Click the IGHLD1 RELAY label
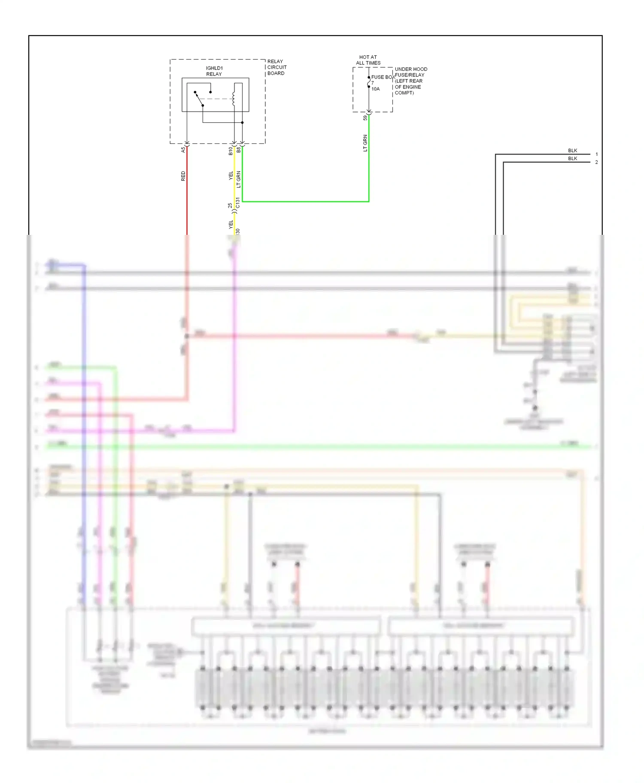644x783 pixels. coord(214,71)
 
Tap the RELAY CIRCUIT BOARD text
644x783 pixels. coord(276,67)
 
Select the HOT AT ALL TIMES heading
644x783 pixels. coord(368,60)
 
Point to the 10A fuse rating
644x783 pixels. coord(376,89)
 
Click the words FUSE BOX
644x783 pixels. coord(383,77)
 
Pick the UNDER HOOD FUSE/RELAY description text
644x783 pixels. coord(410,81)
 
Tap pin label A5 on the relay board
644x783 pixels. coord(183,150)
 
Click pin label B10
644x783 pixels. coord(231,151)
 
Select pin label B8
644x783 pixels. coord(239,150)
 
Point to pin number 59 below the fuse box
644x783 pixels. coord(365,118)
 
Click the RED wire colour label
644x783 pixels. coord(183,176)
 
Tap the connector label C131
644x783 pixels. coord(238,203)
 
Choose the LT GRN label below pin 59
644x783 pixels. coord(365,143)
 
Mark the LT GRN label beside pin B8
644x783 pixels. coord(239,179)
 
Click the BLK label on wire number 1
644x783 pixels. coord(572,151)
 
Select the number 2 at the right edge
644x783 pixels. coord(596,162)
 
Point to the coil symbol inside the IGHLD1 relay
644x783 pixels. coord(234,98)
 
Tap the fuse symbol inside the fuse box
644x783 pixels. coord(369,82)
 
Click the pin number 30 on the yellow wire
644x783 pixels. coord(238,231)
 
